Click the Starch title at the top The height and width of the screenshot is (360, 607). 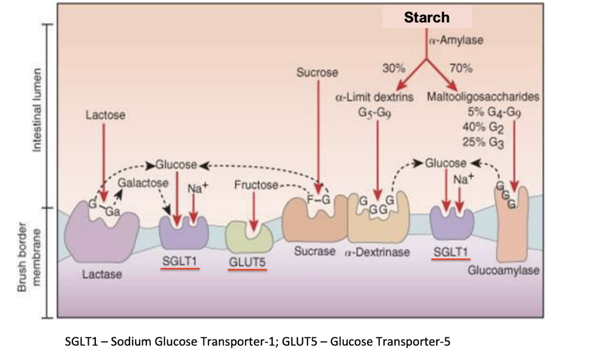(427, 17)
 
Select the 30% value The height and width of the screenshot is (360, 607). (394, 68)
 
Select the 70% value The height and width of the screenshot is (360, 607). (460, 68)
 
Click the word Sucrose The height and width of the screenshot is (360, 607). (317, 73)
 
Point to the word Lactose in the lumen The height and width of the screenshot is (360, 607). (105, 115)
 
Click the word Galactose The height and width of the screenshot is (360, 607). (143, 183)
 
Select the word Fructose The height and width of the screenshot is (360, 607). (256, 185)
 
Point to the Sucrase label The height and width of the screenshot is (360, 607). (314, 251)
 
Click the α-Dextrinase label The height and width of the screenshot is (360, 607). (377, 252)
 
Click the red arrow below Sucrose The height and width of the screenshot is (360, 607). (317, 136)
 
